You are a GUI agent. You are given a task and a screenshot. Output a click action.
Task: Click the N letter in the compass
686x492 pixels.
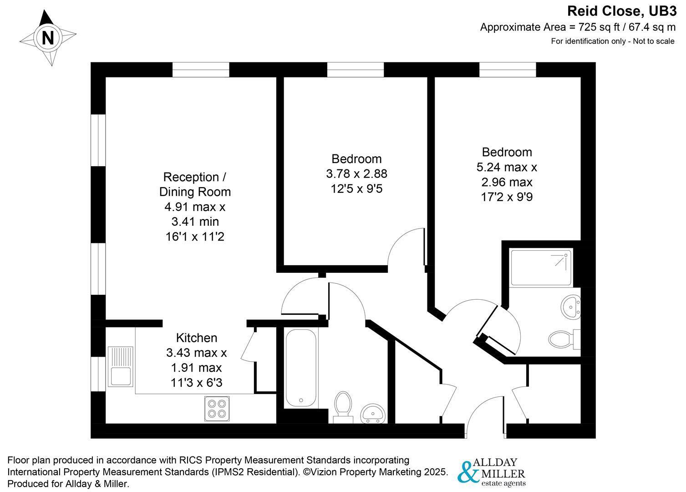pos(48,38)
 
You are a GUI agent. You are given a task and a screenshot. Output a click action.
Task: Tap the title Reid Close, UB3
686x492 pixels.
pos(622,11)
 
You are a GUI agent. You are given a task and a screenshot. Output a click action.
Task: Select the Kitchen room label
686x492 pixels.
pos(197,338)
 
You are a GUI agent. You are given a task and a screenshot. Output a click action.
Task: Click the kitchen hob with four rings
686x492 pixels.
pos(217,409)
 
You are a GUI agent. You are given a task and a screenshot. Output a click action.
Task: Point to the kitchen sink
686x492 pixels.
pos(120,366)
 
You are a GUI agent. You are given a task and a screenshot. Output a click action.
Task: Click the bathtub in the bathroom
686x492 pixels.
pos(301,368)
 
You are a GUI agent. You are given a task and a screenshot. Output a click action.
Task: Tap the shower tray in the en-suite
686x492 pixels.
pos(541,268)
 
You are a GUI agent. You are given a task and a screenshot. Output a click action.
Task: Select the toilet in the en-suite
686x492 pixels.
pos(564,339)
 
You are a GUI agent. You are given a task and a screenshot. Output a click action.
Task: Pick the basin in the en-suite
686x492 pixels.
pos(570,306)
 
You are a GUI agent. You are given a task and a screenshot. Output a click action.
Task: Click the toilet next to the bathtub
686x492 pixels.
pos(343,407)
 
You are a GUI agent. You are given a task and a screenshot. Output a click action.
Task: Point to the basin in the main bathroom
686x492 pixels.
pos(373,414)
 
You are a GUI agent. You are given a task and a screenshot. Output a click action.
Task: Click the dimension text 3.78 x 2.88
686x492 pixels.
pos(356,174)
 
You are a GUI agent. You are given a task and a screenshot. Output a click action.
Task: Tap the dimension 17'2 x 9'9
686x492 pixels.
pos(507,197)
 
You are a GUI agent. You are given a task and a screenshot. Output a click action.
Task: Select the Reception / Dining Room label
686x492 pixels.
pos(195,184)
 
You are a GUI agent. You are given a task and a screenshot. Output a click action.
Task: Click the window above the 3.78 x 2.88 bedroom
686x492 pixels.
pos(355,70)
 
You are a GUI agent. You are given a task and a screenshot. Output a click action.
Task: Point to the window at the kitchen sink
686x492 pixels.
pos(98,374)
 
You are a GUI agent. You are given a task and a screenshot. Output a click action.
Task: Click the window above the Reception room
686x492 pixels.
pos(201,70)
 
